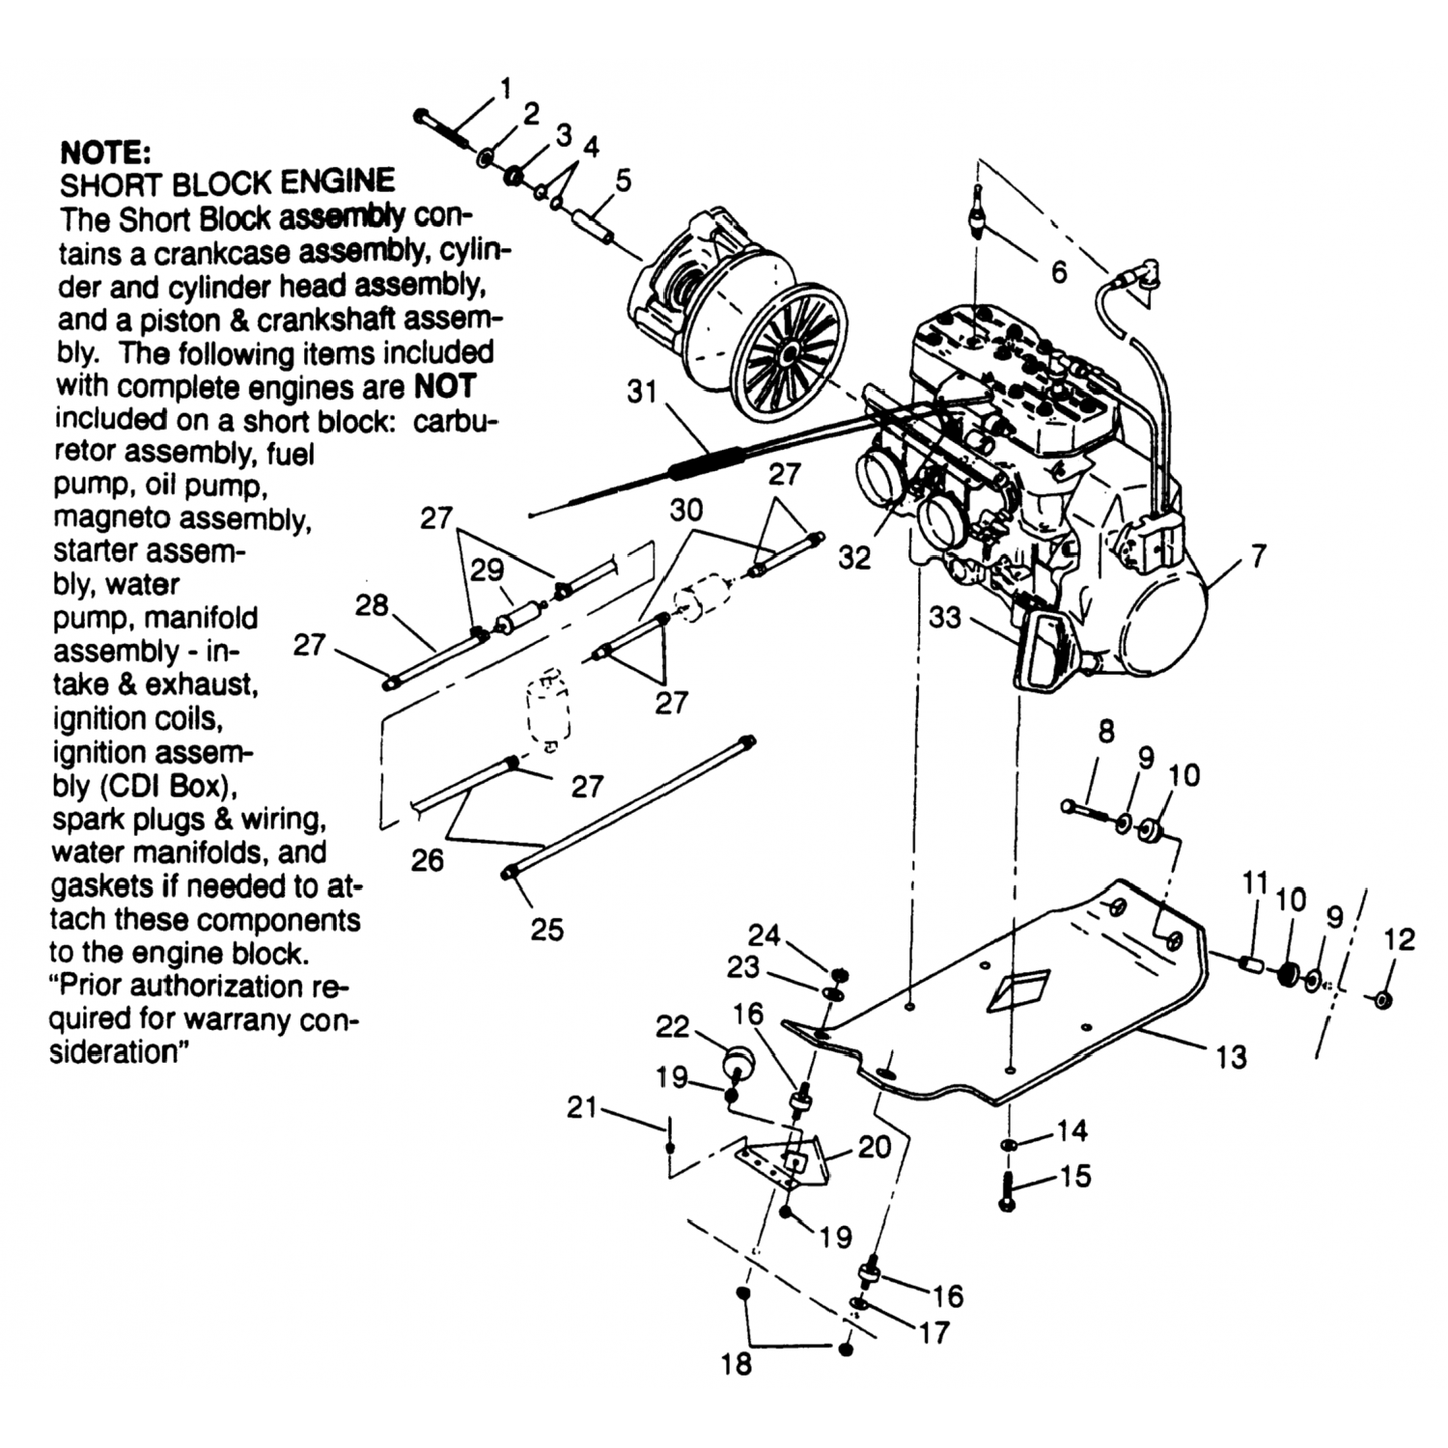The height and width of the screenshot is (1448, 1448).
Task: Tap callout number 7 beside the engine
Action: [x=1258, y=556]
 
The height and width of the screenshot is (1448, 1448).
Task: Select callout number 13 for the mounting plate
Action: [x=1231, y=1057]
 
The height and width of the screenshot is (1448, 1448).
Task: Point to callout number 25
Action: [x=546, y=929]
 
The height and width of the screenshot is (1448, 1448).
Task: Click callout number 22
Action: [x=672, y=1026]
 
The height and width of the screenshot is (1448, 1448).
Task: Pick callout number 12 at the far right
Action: [x=1399, y=938]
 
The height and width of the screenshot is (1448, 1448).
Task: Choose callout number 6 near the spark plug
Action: [x=1059, y=272]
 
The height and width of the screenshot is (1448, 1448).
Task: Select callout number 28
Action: [x=371, y=605]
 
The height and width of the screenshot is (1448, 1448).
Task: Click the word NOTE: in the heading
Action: [x=105, y=152]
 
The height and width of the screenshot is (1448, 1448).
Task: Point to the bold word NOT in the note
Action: [x=444, y=387]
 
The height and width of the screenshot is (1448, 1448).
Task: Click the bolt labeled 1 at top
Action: [x=441, y=129]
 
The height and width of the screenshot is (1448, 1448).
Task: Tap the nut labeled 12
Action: [x=1381, y=999]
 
